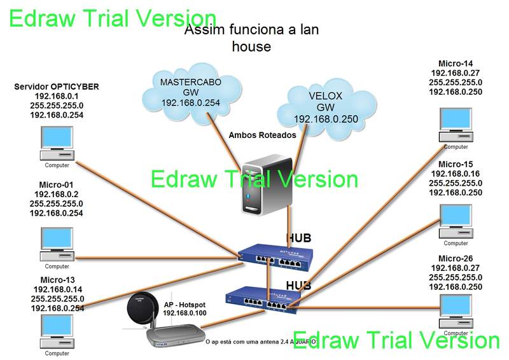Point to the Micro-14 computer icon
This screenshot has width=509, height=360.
point(456,124)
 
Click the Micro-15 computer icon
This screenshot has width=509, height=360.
point(456,220)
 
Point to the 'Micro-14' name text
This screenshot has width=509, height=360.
point(456,64)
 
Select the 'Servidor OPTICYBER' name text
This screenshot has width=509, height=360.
point(57,87)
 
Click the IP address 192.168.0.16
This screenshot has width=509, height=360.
point(456,174)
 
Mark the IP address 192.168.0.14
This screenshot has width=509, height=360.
point(57,289)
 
